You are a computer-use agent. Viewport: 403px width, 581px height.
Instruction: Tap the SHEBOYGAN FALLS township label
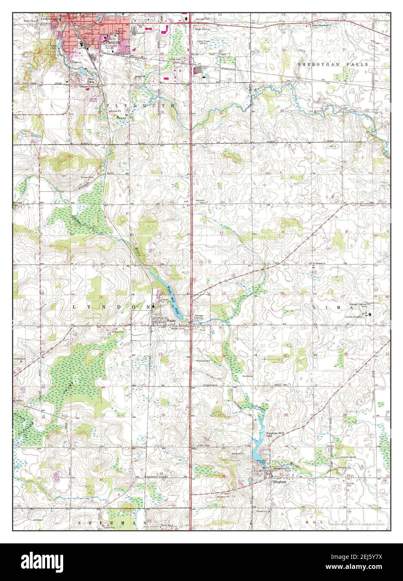click(333, 64)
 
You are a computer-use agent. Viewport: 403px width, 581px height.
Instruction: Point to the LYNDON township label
click(111, 306)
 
